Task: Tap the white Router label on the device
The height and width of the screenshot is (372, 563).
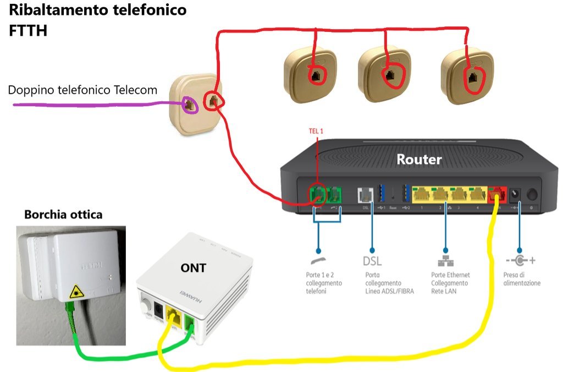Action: tap(419, 160)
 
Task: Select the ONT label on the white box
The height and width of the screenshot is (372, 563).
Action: tap(194, 268)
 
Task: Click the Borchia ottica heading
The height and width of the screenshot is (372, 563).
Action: tap(63, 215)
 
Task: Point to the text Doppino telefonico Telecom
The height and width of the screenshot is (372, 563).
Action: tap(82, 90)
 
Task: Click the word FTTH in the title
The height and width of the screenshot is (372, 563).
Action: tap(28, 31)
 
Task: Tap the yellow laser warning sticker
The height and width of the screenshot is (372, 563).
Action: tap(73, 293)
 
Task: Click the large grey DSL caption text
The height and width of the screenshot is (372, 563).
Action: tap(372, 260)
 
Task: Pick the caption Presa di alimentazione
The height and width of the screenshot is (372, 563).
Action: tap(522, 279)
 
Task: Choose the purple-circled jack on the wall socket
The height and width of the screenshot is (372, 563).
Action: tap(189, 105)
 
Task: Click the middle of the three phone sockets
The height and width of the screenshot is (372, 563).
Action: tap(388, 75)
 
